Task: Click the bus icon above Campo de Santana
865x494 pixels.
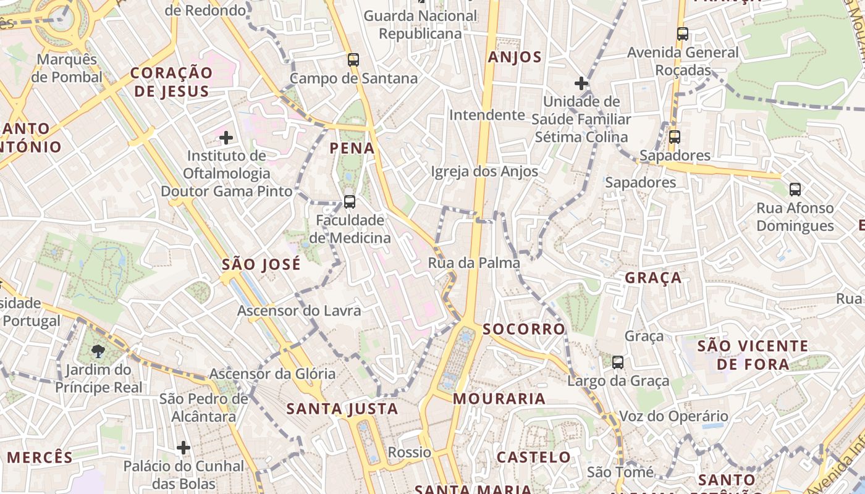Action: coord(353,60)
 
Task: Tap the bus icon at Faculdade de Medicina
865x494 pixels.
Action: coord(350,201)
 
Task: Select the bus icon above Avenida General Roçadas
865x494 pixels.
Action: coord(683,34)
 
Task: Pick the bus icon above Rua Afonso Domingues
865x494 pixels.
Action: coord(795,190)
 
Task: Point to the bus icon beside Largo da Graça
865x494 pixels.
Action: coord(618,362)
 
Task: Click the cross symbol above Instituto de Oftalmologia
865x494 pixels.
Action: coord(226,137)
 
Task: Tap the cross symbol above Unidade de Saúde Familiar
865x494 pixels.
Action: coord(581,83)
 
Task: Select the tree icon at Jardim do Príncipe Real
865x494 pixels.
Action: coord(98,352)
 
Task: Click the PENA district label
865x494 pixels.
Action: coord(352,148)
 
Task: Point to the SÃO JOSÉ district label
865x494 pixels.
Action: coord(261,265)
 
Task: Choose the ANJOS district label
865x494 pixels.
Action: coord(515,57)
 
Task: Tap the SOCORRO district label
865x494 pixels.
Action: coord(524,329)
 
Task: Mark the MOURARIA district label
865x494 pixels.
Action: coord(499,399)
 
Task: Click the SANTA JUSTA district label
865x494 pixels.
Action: coord(342,409)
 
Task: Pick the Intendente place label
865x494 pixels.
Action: coord(487,115)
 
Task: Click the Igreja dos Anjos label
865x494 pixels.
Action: coord(484,171)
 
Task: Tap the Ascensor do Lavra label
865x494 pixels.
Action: coord(299,310)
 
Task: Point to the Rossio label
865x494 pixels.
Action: coord(409,453)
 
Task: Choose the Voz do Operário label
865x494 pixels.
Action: coord(665,416)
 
